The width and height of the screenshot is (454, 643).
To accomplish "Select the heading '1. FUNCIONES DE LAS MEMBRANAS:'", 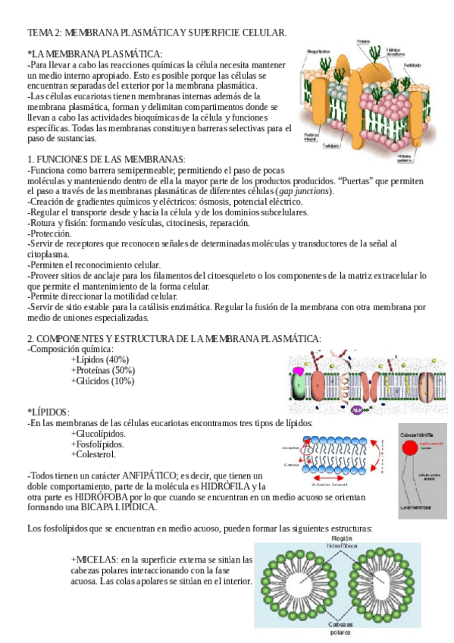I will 105,158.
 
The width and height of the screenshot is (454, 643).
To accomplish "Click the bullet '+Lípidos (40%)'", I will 99,359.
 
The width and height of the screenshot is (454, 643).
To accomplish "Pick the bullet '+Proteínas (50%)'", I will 102,370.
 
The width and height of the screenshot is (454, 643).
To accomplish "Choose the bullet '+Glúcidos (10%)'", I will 102,381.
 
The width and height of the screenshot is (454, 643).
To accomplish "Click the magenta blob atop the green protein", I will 299,371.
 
